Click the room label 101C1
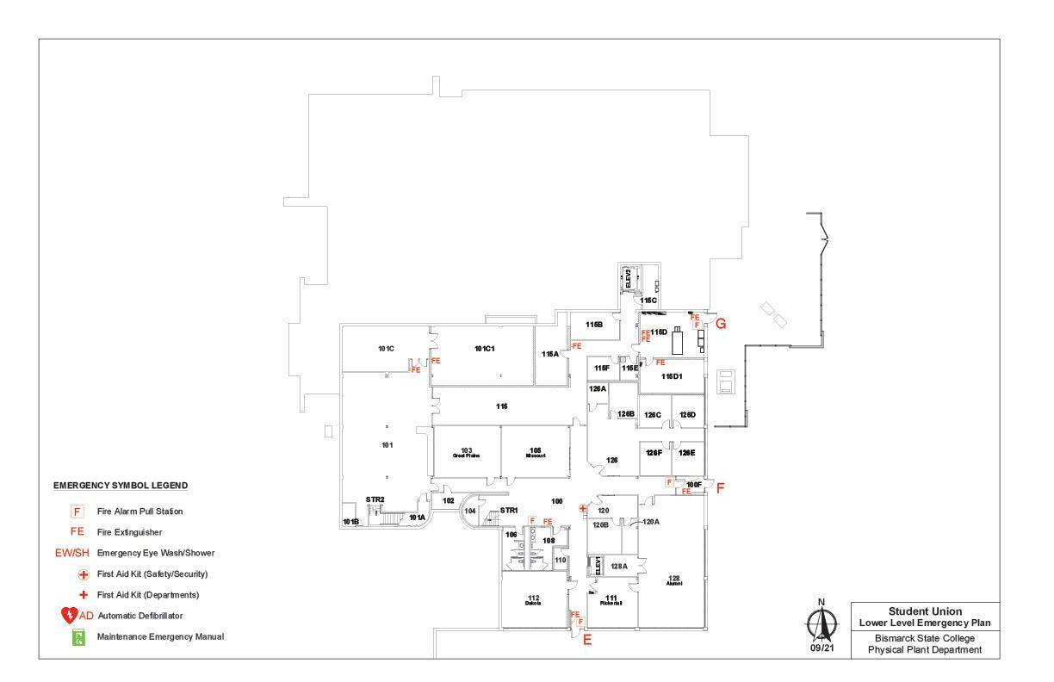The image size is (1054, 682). coord(485,349)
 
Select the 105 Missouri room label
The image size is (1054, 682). coord(536,452)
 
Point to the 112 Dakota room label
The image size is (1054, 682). coord(533,600)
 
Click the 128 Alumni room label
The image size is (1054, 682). coord(673,580)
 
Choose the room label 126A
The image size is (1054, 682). coord(598,388)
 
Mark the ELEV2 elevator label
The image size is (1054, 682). coord(629,278)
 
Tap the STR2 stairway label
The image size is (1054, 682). coord(375,499)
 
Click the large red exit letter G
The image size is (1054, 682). coord(722,324)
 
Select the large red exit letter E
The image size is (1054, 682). coord(588,640)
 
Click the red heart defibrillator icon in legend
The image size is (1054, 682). coord(70,616)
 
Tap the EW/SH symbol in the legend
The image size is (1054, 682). coord(73,553)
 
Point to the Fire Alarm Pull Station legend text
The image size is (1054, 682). coord(140,512)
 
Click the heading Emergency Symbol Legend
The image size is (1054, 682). coord(121,486)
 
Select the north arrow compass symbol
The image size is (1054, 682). coord(821,621)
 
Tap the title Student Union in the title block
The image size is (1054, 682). coord(925,611)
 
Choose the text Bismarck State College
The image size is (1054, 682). coord(925,638)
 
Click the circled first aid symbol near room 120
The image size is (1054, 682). coord(583,509)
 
